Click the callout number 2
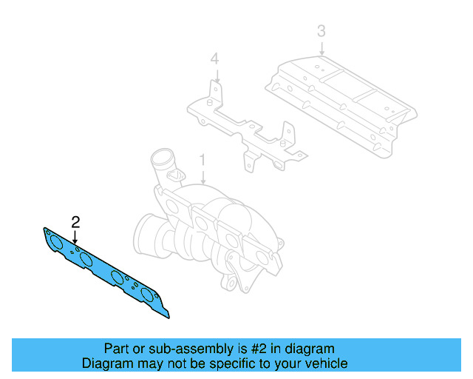click(75, 221)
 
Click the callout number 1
click(202, 161)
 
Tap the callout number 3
click(321, 31)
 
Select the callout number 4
click(214, 58)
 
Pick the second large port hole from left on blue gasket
click(86, 258)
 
